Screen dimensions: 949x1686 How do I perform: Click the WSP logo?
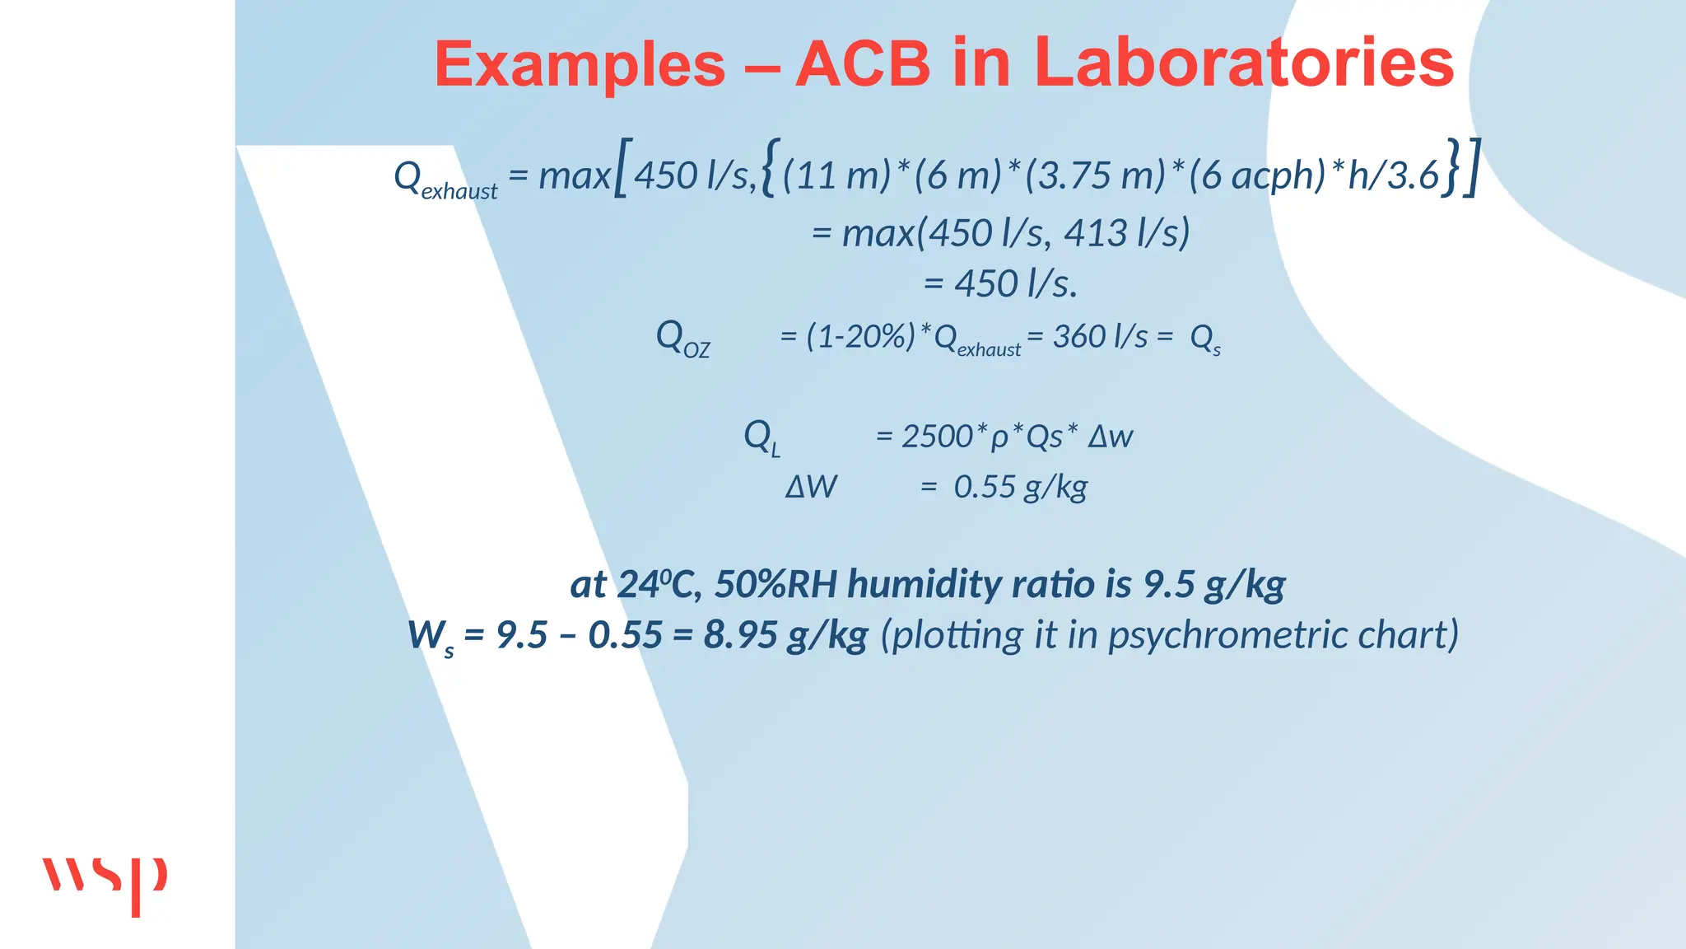click(105, 883)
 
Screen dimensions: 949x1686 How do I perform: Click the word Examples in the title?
click(580, 64)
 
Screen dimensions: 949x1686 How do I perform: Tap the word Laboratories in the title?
click(1243, 64)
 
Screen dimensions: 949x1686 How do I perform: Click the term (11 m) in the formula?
click(836, 175)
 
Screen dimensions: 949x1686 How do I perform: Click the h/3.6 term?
click(1392, 175)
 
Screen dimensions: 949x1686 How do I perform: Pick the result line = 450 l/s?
click(1000, 284)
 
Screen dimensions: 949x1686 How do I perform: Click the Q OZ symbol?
click(682, 339)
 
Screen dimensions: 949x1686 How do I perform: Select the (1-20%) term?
click(860, 337)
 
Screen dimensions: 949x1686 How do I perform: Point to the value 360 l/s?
click(1100, 337)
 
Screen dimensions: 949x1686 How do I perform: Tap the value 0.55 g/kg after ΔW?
click(1020, 488)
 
